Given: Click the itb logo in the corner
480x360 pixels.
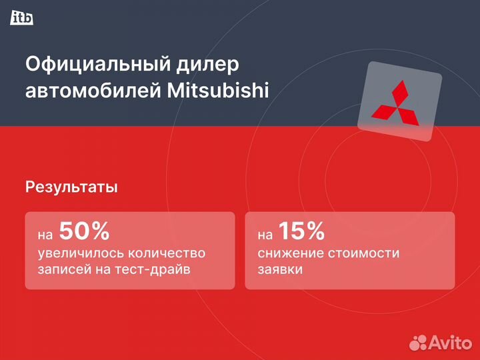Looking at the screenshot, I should [22, 18].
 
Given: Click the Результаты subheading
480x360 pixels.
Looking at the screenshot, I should [71, 187].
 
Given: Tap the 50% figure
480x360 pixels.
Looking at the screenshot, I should [84, 231].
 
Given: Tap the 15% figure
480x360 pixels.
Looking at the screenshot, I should [301, 231].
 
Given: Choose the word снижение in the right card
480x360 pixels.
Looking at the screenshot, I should [288, 254].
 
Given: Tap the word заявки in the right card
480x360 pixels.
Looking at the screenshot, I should [279, 271].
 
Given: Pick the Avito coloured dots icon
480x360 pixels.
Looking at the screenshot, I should [418, 342].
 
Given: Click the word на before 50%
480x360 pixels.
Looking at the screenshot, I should [45, 235].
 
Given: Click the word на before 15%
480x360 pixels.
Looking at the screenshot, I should [265, 235].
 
